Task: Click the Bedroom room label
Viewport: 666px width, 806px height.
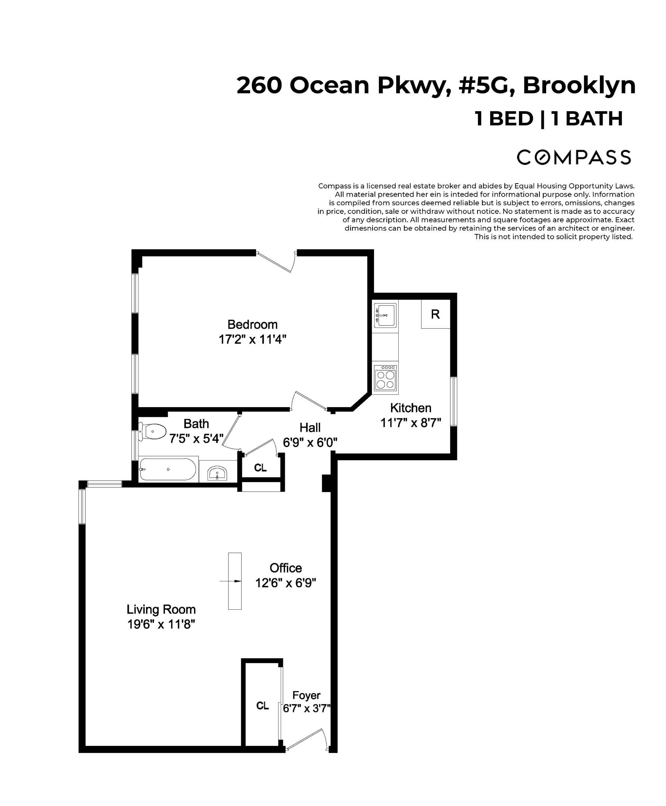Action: click(252, 324)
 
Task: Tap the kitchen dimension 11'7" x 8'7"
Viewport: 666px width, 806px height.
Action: click(411, 422)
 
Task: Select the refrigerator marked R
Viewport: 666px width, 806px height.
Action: click(435, 315)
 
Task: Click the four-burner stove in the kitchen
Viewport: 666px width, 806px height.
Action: click(385, 378)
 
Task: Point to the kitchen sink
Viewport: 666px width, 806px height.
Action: click(385, 315)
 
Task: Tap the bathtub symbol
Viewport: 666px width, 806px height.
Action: click(168, 469)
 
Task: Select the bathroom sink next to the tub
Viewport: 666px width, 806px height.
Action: click(218, 474)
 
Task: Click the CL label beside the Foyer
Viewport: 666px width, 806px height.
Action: click(262, 706)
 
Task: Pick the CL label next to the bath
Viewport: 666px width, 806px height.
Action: click(261, 468)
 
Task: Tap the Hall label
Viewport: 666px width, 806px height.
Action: click(309, 428)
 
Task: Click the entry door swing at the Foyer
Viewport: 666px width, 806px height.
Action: click(307, 740)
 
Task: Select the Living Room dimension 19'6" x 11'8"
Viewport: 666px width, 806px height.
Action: click(161, 624)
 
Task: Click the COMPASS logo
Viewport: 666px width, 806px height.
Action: click(573, 157)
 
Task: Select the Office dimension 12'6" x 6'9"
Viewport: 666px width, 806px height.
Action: click(286, 583)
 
